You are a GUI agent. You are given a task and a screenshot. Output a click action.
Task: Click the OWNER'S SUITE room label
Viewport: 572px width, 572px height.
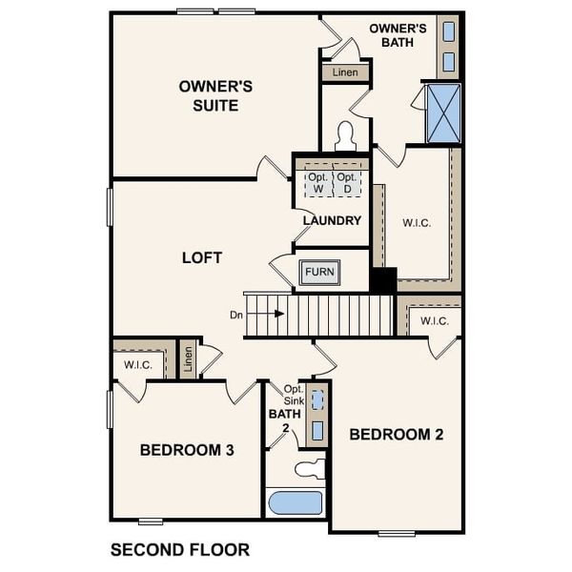(x=215, y=95)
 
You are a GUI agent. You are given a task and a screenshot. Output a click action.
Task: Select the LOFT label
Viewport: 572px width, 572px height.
(x=202, y=257)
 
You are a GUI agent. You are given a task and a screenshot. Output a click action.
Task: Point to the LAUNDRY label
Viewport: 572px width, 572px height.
(x=332, y=221)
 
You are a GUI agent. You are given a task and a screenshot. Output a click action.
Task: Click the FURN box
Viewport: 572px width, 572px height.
(x=319, y=273)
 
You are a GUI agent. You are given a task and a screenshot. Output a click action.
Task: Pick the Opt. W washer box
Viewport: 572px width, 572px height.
(x=317, y=183)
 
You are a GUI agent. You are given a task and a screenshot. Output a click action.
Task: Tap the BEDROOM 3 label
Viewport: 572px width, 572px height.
(x=187, y=449)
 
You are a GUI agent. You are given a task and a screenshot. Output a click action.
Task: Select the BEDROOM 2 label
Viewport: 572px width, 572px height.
(x=397, y=435)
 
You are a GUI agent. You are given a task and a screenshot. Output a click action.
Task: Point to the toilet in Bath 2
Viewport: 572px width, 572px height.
(x=309, y=469)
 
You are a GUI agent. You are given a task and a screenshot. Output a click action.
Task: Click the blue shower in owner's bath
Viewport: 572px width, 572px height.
(x=443, y=112)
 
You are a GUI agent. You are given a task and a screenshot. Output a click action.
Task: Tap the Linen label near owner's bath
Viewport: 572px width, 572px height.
(x=344, y=72)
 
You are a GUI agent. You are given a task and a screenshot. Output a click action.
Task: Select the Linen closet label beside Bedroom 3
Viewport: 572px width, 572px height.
(x=189, y=360)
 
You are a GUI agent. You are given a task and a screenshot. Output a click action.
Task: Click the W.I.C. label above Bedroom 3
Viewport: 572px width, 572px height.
(x=138, y=363)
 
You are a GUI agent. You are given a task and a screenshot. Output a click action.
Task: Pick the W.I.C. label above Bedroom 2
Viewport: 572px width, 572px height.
(x=435, y=320)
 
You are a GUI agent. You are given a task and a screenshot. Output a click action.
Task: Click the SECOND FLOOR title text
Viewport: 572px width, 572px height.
(x=180, y=550)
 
